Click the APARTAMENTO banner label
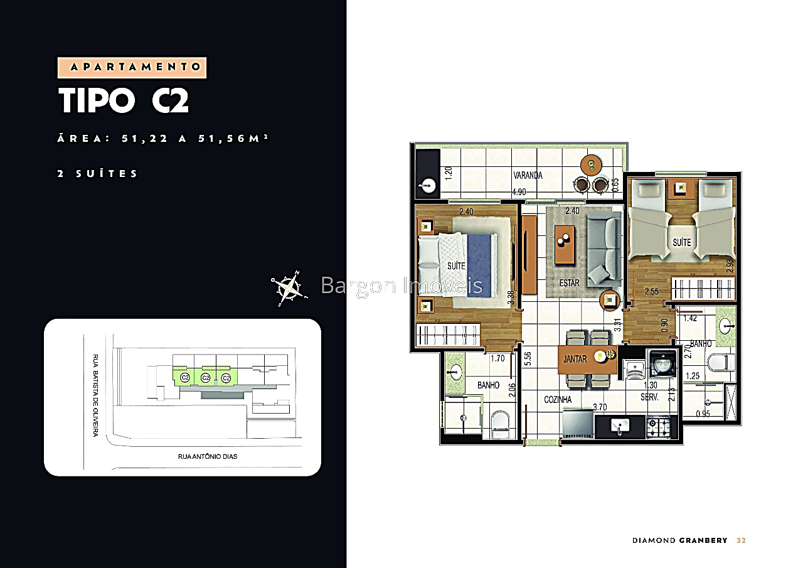132,67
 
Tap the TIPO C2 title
124,101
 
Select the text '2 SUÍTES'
97,174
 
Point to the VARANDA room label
527,176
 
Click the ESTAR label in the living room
570,283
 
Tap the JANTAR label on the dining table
575,359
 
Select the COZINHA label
558,399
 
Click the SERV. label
649,397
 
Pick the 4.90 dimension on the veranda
519,192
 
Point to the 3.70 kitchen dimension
600,407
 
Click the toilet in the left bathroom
501,425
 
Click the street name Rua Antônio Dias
208,456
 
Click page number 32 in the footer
741,540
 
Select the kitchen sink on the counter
620,426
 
